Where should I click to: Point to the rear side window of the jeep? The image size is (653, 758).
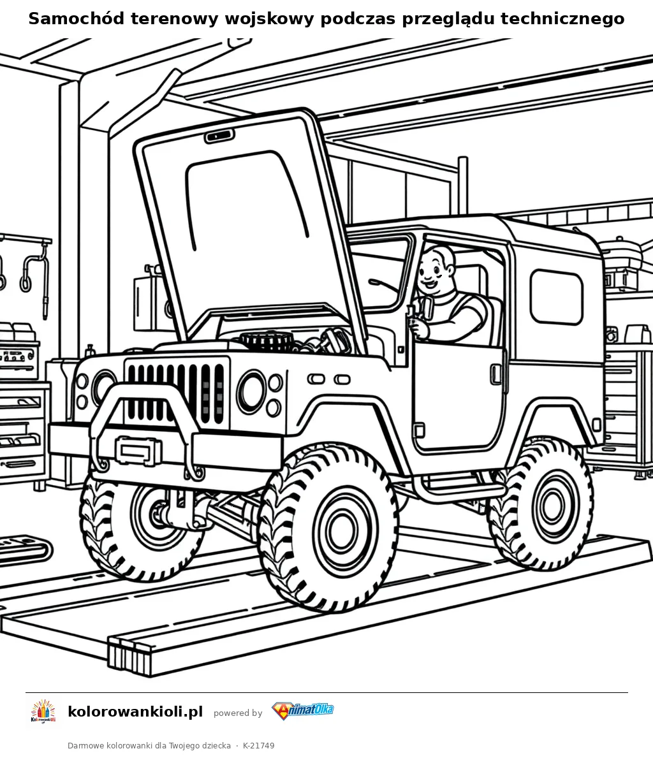point(556,296)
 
